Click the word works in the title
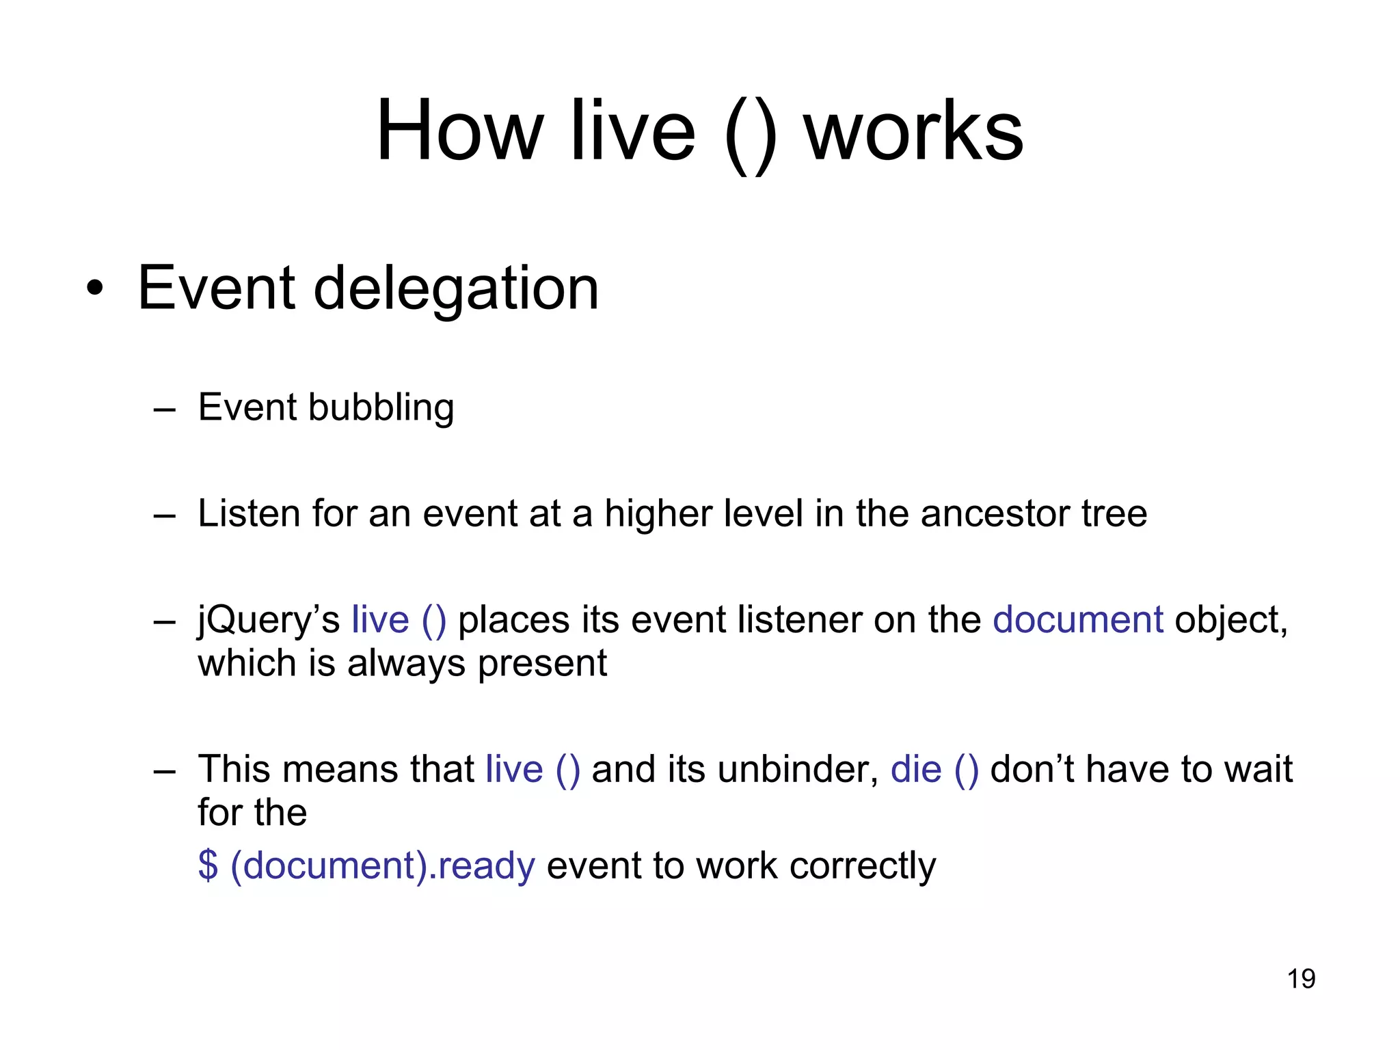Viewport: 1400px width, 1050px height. click(913, 130)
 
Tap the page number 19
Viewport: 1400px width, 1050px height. click(1301, 979)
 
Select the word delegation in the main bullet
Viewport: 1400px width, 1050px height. click(456, 288)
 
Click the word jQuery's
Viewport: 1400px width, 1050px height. click(269, 621)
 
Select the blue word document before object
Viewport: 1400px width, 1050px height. click(1077, 619)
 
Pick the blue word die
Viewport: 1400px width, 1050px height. click(916, 769)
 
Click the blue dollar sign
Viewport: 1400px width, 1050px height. click(208, 865)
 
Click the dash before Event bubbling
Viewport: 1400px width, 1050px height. click(165, 410)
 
